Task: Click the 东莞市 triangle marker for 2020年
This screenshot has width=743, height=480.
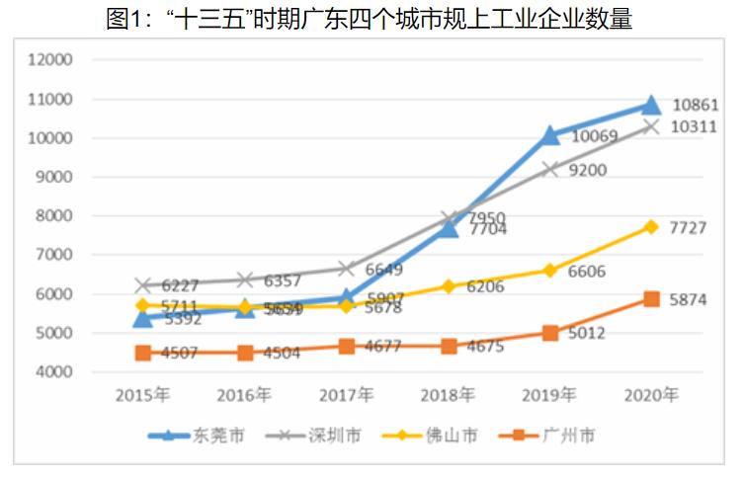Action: (651, 106)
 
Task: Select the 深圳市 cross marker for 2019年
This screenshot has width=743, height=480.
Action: (549, 169)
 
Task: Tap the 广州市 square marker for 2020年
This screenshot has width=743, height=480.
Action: (651, 299)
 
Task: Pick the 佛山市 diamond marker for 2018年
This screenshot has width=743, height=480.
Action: (449, 286)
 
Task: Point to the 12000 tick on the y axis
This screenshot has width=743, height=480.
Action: (52, 60)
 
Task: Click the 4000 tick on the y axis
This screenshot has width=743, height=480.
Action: (56, 372)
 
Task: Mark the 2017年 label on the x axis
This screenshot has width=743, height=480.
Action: (346, 395)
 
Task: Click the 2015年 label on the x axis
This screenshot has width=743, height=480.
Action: (143, 395)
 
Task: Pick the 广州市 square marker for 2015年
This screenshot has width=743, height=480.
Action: (143, 353)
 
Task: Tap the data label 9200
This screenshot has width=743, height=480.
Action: (587, 170)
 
